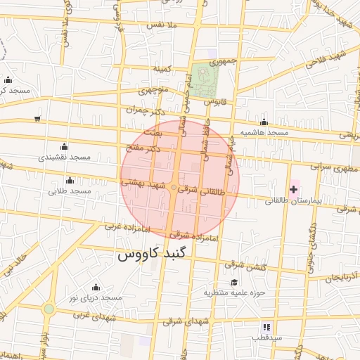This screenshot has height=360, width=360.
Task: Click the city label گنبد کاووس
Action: coord(153,254)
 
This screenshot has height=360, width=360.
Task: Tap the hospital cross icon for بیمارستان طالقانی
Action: coord(293,189)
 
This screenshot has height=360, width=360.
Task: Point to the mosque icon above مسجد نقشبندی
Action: coord(65,146)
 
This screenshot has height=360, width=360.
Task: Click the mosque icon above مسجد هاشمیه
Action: coord(264,122)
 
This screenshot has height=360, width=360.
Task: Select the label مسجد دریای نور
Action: coord(96,297)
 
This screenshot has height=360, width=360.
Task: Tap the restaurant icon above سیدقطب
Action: coord(266,327)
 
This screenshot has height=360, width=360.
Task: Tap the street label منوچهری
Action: coord(153,91)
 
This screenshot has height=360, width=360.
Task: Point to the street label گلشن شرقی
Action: coord(243,265)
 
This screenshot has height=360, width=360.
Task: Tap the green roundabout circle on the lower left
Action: coord(49,309)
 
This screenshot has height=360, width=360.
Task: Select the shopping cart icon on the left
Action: coord(37,118)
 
